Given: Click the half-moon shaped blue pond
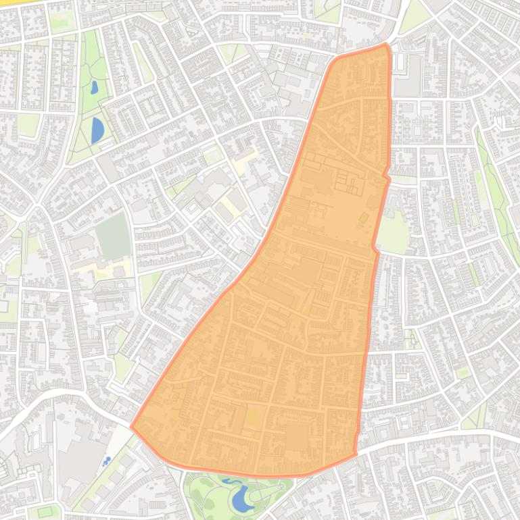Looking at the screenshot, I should click(x=97, y=130).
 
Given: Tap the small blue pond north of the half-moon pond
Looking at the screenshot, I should click(x=93, y=88).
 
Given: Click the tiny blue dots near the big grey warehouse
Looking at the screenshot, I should click(x=106, y=462).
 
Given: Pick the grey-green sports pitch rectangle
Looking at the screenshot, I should click(x=112, y=236).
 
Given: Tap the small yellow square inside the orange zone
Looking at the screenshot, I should click(x=364, y=217).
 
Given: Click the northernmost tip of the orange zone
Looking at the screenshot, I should click(x=386, y=45).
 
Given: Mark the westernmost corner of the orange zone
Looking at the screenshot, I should click(x=131, y=427).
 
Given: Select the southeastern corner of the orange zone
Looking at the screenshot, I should click(x=356, y=452).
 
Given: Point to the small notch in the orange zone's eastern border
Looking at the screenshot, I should click(x=386, y=176).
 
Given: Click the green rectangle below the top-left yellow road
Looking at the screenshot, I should click(x=62, y=20).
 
